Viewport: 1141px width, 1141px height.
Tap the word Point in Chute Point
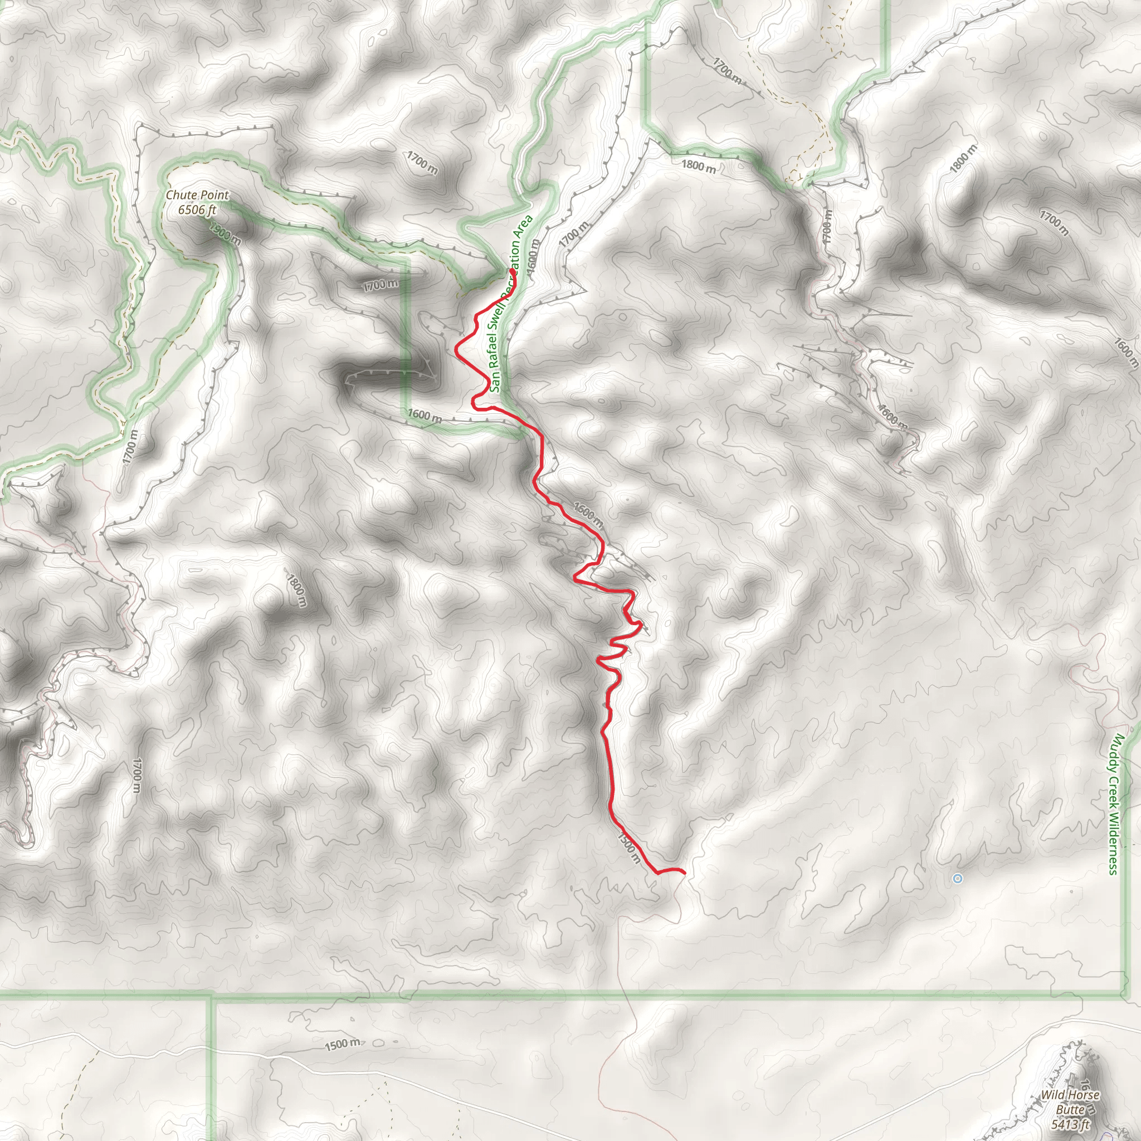[213, 195]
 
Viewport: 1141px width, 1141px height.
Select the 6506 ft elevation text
[197, 209]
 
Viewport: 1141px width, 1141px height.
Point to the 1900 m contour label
[225, 235]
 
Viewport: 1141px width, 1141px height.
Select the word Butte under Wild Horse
[1070, 1110]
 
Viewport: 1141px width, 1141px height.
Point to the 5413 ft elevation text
[1070, 1124]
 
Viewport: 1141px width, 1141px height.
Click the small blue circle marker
[957, 879]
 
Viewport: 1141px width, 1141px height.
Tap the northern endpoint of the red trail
[511, 270]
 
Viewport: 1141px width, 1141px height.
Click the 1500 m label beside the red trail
[628, 848]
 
